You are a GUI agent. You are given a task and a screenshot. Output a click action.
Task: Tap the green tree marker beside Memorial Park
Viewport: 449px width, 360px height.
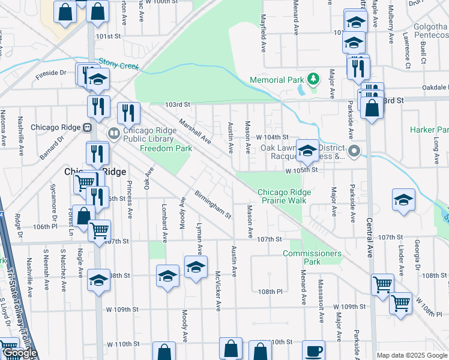(313, 79)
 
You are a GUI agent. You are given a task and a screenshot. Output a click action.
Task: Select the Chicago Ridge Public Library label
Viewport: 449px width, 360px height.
(148, 134)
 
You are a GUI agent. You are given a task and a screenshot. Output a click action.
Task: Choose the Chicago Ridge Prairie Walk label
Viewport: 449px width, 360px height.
(285, 196)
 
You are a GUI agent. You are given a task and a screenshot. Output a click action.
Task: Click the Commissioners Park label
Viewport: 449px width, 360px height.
(312, 257)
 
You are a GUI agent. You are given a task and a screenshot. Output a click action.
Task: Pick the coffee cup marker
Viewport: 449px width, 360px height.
(313, 351)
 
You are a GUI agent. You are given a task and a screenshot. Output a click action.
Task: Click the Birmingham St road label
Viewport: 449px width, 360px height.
(213, 204)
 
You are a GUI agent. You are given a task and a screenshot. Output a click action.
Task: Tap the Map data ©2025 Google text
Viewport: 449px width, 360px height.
(412, 355)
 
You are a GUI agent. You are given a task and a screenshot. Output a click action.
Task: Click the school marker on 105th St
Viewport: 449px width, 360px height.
(308, 151)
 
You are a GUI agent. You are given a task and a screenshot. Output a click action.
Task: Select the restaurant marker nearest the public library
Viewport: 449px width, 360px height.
(128, 113)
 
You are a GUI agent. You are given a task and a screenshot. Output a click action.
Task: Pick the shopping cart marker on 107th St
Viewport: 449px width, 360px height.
(99, 230)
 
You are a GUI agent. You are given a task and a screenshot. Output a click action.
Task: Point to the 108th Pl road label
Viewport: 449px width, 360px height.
(270, 292)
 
